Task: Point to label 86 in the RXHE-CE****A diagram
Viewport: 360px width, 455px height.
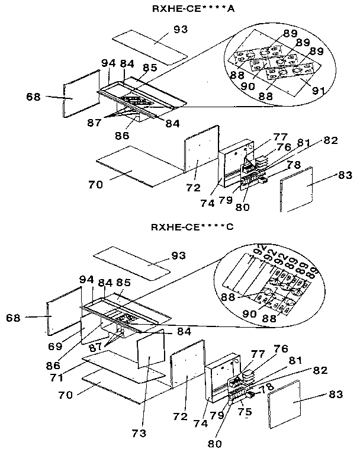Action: click(122, 135)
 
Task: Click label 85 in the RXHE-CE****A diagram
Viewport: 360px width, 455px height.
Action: click(149, 68)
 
